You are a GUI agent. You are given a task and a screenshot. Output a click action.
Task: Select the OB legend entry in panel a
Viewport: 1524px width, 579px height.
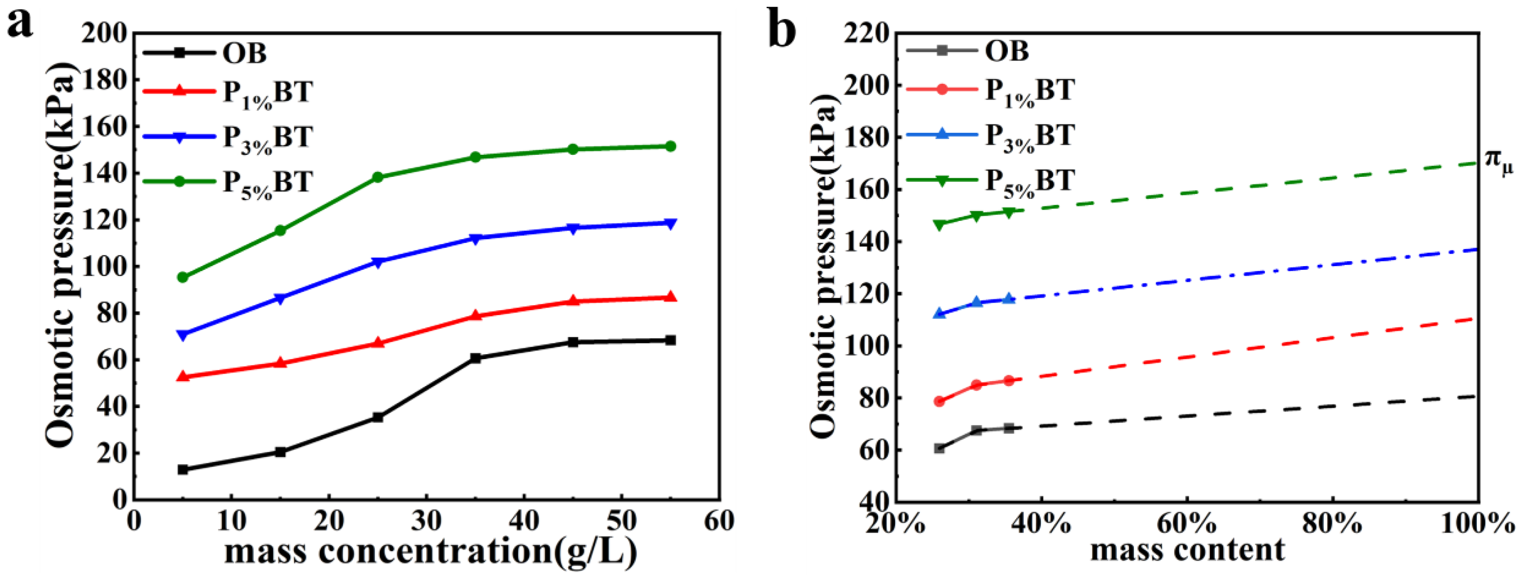pos(244,53)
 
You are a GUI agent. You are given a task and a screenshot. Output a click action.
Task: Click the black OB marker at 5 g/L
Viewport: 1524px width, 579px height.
pos(183,469)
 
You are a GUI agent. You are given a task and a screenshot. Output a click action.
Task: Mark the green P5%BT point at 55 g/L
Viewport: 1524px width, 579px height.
pos(670,146)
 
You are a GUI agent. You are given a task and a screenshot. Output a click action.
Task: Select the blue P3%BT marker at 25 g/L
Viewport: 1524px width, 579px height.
pos(378,262)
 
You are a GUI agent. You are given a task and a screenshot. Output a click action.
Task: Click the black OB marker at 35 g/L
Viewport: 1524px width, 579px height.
pos(475,358)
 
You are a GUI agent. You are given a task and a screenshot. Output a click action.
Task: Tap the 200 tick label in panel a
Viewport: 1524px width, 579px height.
pos(104,34)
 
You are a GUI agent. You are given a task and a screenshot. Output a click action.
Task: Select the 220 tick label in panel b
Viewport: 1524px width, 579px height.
pos(866,34)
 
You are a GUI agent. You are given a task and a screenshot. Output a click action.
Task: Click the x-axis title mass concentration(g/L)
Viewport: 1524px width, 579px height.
pos(430,551)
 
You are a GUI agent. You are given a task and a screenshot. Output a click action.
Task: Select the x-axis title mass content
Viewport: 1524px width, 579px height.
pos(1187,550)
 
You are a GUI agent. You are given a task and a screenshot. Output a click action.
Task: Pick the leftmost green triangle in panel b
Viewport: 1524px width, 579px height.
pos(939,225)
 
